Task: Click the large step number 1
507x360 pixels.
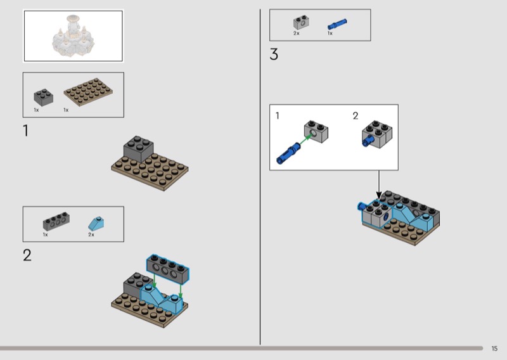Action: click(26, 132)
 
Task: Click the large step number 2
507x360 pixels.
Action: click(27, 255)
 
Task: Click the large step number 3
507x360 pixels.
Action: click(274, 55)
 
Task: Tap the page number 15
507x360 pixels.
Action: click(494, 349)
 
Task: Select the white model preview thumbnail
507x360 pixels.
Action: click(73, 35)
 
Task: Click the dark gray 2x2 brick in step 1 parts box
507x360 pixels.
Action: click(43, 96)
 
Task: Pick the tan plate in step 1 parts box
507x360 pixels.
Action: click(89, 94)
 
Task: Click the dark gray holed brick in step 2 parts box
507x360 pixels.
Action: click(56, 222)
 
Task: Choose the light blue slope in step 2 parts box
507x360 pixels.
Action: click(96, 222)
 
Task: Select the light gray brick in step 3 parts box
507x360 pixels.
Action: click(300, 23)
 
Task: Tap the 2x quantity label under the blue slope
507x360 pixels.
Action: click(91, 235)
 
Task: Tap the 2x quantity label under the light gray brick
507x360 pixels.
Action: click(296, 33)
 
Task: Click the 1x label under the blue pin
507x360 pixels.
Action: click(330, 33)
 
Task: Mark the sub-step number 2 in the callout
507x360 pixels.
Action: click(356, 116)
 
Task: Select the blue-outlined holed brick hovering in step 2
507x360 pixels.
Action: click(169, 267)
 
